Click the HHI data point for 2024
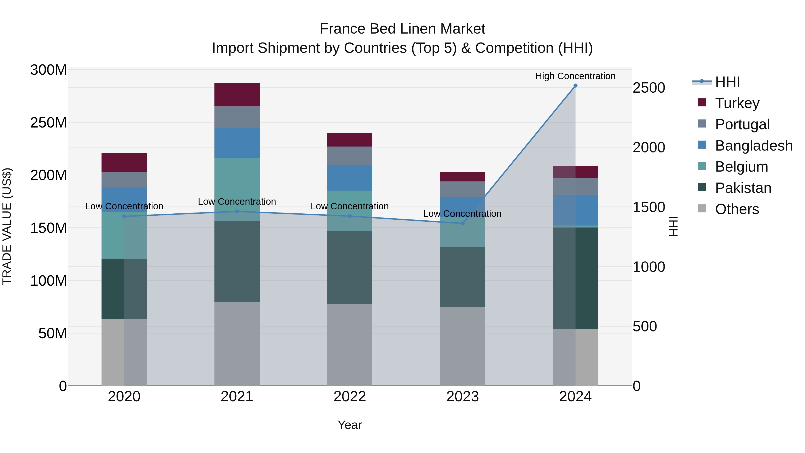[x=575, y=86]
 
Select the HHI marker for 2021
[x=237, y=212]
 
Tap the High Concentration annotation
[x=575, y=76]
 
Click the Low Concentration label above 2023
[x=462, y=214]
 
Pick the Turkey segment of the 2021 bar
[x=237, y=95]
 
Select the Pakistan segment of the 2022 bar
[x=350, y=268]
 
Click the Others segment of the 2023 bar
[x=462, y=346]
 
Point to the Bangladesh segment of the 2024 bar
[x=575, y=210]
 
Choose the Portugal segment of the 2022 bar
[x=350, y=156]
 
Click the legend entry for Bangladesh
[x=753, y=146]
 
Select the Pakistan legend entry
[x=743, y=188]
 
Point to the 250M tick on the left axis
[x=49, y=123]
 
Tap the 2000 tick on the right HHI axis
[x=649, y=148]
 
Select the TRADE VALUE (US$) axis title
[x=7, y=226]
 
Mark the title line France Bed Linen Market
[x=402, y=29]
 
